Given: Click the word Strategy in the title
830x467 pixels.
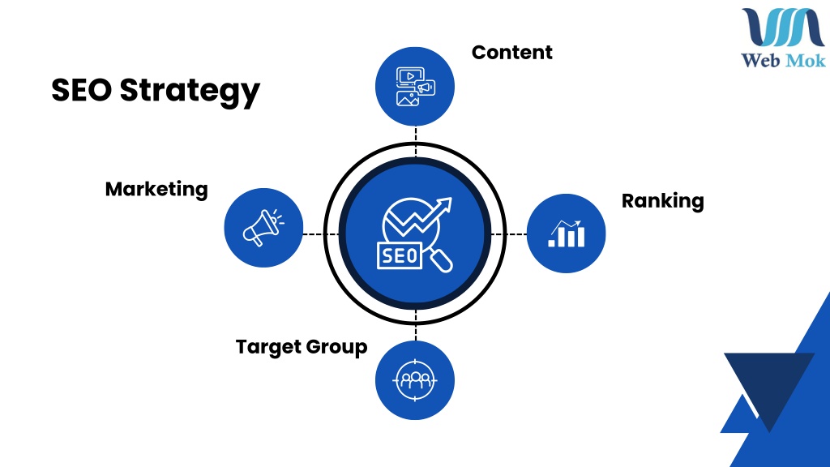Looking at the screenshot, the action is [190, 91].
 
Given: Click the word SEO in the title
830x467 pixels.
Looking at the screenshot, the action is [82, 89].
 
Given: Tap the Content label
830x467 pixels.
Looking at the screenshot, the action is [512, 53].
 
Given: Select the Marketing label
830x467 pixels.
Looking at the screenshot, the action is [156, 190].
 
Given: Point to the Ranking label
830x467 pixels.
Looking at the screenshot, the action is [663, 202].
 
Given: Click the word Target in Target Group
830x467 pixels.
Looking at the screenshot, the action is [268, 347].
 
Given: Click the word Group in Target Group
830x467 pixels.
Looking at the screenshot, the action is [336, 347].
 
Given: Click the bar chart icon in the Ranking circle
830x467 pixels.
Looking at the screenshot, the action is [567, 233].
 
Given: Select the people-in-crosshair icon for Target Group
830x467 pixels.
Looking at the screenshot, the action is [415, 380].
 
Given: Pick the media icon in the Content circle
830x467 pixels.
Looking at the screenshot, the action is [416, 86].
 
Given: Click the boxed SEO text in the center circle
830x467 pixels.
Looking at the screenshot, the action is [400, 255].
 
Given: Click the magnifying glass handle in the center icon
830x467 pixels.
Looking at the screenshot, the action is [441, 260].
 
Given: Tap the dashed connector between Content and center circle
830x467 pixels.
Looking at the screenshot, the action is [416, 142].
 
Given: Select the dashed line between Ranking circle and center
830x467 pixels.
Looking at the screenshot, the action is [509, 234].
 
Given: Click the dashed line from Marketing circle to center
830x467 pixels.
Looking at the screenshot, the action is [321, 234].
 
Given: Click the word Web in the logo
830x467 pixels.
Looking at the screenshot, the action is [760, 60].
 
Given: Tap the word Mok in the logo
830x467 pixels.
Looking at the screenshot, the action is [805, 60].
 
